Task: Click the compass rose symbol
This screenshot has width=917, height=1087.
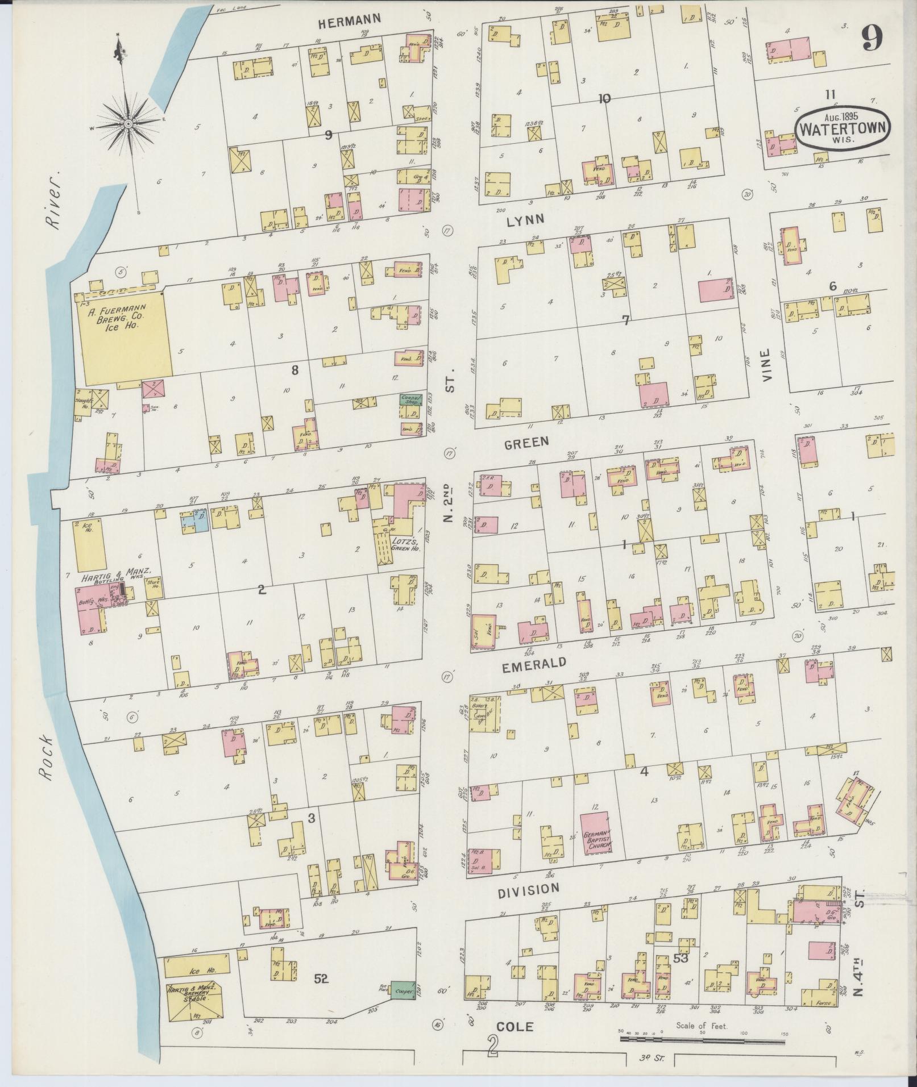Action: (x=128, y=123)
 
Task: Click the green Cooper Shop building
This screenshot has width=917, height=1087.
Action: (x=409, y=399)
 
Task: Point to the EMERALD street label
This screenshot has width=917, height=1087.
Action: (x=542, y=663)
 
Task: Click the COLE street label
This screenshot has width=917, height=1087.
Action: (x=514, y=1026)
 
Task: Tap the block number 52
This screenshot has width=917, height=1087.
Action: (x=321, y=978)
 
